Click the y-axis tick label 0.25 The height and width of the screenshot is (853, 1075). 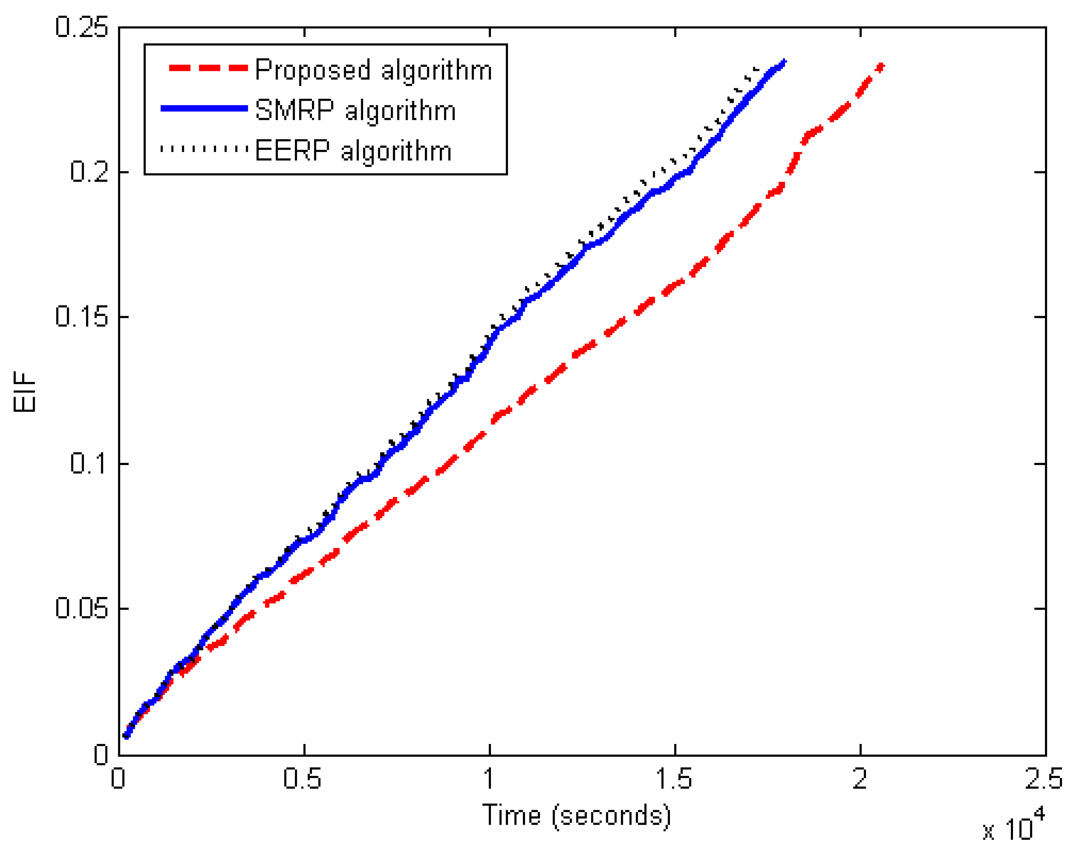(x=81, y=27)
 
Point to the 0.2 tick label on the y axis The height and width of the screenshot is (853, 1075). (x=89, y=172)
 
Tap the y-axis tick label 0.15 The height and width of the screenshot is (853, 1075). (x=81, y=316)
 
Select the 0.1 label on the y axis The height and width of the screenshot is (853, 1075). (x=89, y=463)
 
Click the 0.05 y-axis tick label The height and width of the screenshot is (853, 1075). (x=81, y=608)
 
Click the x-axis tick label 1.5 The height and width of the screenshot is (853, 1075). (x=674, y=778)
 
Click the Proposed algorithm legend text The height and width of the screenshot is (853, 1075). (x=373, y=70)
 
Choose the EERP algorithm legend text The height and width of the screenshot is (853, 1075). (x=353, y=151)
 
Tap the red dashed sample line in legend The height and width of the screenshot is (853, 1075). (x=208, y=68)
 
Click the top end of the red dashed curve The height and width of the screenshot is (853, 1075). (x=882, y=66)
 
